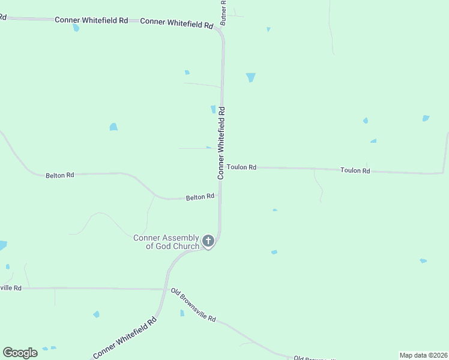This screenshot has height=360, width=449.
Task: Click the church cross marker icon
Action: click(x=208, y=241)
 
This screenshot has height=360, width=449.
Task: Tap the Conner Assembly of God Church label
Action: click(x=166, y=242)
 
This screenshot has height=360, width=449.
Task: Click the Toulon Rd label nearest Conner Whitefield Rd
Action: click(x=241, y=167)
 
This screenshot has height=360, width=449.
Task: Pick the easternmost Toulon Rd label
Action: click(x=355, y=170)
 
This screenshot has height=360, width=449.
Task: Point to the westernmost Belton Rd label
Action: click(x=59, y=175)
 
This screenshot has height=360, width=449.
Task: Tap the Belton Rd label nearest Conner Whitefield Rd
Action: click(x=200, y=197)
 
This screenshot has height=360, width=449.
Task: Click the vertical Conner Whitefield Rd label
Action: click(x=221, y=143)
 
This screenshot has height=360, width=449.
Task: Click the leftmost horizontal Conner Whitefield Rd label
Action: click(x=91, y=20)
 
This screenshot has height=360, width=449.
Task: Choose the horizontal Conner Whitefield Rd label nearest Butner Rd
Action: click(x=176, y=24)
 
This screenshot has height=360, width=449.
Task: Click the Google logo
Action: click(x=20, y=353)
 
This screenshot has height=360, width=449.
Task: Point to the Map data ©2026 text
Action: click(x=423, y=355)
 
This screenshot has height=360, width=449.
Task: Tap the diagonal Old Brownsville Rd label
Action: click(x=193, y=305)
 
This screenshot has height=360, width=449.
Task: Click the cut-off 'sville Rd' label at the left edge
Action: click(x=11, y=288)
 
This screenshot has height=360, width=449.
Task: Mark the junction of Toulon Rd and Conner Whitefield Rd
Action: click(x=221, y=167)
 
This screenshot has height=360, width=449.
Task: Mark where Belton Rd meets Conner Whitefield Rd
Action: click(x=220, y=197)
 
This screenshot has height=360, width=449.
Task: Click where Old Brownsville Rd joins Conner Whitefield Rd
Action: click(x=165, y=289)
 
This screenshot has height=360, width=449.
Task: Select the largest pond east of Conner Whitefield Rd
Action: click(x=250, y=77)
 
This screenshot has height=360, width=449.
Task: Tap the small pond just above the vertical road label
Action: click(x=213, y=109)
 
